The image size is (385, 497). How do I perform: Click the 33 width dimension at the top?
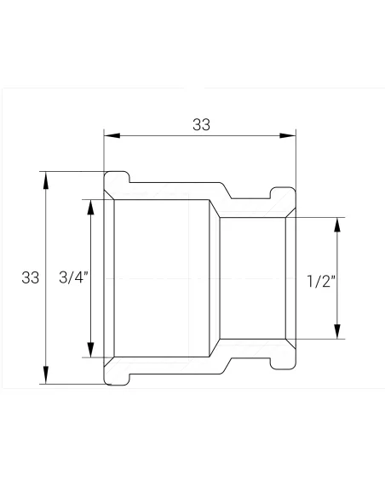point(201,124)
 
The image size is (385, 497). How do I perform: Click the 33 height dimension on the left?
point(31,277)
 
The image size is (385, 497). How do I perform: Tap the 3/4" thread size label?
point(73,277)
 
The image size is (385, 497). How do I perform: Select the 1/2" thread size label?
point(321,283)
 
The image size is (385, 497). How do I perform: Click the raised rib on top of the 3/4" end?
point(118,176)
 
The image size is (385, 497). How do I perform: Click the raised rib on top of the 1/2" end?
point(282,191)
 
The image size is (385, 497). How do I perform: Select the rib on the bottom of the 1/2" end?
point(282,365)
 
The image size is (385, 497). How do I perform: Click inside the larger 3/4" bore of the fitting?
point(162,278)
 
